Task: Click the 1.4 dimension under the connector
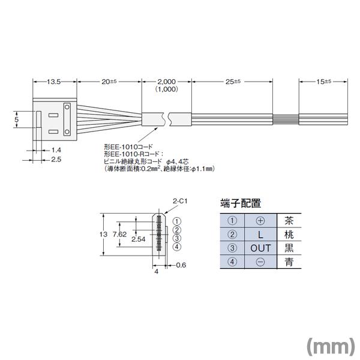(56, 149)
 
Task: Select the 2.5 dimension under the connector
(56, 160)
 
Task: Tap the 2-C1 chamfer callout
(179, 203)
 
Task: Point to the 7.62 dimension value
(119, 234)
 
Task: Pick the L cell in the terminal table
(260, 234)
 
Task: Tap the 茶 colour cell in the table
(289, 220)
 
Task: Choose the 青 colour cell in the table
(289, 262)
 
